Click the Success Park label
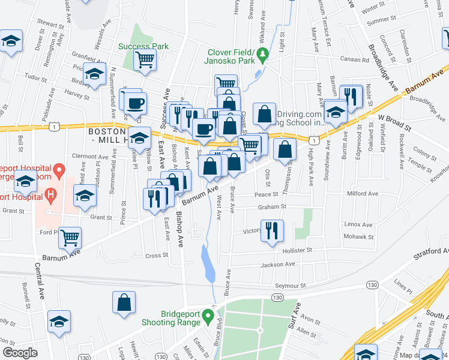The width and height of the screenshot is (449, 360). (143, 46)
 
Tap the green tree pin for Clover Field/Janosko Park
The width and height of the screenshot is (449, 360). (262, 56)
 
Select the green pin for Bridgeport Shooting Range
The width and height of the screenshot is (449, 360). (208, 314)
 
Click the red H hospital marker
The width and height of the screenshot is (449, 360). (51, 195)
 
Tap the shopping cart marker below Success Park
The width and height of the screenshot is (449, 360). (145, 60)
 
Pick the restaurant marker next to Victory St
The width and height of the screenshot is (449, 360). (272, 229)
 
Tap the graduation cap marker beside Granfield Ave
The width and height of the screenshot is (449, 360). (94, 73)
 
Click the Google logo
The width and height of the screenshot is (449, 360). (19, 353)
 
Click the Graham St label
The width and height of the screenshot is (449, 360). (273, 207)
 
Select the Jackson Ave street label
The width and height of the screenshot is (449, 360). (277, 264)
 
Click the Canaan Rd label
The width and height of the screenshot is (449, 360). (357, 59)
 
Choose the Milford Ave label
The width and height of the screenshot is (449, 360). (364, 194)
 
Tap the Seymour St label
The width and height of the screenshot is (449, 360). (291, 285)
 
